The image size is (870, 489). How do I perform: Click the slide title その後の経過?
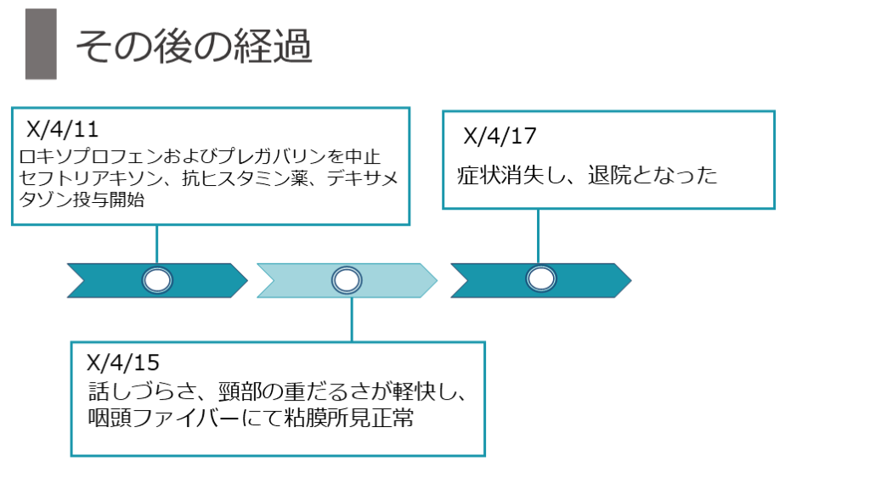(x=194, y=48)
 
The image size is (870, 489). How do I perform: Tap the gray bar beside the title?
(x=41, y=44)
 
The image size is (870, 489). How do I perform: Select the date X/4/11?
(x=64, y=131)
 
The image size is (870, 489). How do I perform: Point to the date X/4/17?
(x=500, y=137)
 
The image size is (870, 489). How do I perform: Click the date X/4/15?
(x=123, y=363)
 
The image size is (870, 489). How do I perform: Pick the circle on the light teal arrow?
(x=346, y=280)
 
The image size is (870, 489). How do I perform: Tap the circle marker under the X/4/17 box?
(x=541, y=278)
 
